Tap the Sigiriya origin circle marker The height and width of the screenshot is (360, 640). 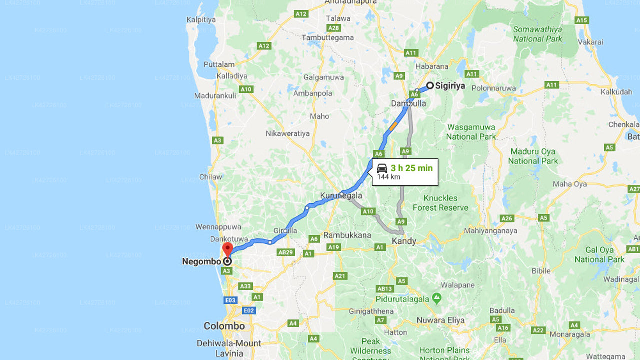(430, 85)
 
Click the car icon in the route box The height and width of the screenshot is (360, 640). (382, 168)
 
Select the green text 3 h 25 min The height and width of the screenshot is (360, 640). (411, 168)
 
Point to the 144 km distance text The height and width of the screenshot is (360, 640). (388, 177)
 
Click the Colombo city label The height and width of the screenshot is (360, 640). (224, 326)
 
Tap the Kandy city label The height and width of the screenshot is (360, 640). (404, 241)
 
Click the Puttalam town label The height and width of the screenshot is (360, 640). (219, 64)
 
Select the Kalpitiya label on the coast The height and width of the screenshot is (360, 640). (201, 20)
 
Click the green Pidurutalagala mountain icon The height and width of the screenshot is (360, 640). (437, 298)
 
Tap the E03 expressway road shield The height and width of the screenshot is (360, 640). (230, 300)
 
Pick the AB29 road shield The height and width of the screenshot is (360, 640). (286, 252)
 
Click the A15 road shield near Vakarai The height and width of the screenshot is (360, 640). (581, 20)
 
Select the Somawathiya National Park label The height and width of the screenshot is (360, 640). (537, 34)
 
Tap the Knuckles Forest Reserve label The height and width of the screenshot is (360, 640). (441, 203)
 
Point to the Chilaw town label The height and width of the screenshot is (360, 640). (210, 177)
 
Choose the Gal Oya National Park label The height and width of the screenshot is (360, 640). (599, 254)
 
